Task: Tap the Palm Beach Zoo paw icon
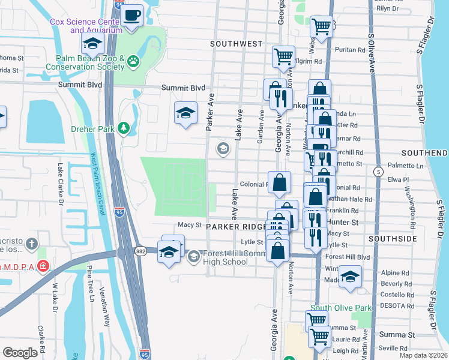[133, 60]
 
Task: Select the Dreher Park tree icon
[124, 127]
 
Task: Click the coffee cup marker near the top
[133, 15]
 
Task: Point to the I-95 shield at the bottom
[144, 354]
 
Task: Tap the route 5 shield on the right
[378, 172]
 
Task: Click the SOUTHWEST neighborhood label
[237, 44]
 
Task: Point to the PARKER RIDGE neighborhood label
[236, 227]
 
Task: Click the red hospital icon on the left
[43, 265]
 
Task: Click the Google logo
[20, 353]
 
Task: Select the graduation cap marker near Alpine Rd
[350, 277]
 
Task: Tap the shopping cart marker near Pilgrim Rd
[283, 58]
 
